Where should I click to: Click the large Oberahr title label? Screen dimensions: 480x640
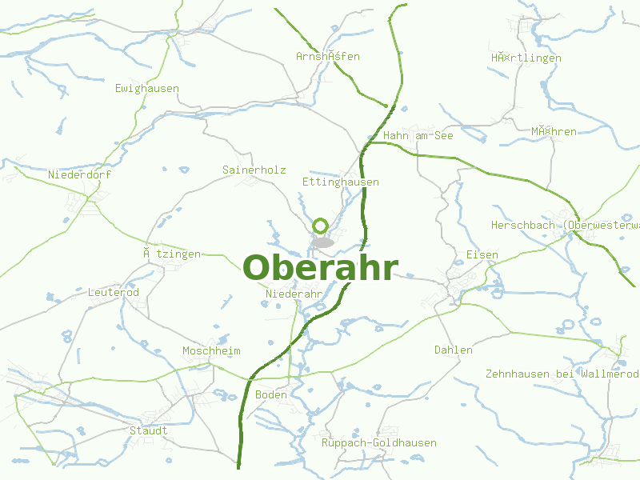point(319,267)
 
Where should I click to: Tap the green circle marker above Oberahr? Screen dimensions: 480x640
point(322,226)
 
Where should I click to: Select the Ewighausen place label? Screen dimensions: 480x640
point(147,88)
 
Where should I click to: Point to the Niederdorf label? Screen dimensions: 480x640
point(80,174)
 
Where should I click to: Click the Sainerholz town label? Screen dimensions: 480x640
point(254,170)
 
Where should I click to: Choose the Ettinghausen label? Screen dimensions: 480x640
point(341,182)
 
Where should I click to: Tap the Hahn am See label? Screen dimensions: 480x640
point(418,135)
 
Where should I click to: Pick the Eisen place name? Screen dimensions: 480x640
point(482,254)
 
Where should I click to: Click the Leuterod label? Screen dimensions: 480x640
point(114,292)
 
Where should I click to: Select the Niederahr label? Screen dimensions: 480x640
point(293,294)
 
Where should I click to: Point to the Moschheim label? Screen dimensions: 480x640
point(211,350)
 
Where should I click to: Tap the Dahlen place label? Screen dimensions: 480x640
point(454,350)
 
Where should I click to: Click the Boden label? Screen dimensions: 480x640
point(271,394)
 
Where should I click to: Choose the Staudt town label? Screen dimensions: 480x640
point(149,430)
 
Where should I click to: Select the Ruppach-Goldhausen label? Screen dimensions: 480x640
point(379,442)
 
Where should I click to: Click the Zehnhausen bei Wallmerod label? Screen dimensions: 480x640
point(562,374)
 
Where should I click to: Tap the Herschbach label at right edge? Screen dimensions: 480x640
point(565,225)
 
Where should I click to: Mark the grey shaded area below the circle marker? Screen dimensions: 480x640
point(322,242)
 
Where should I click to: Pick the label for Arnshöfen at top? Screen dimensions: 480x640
point(328,56)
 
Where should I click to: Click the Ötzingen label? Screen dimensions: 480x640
point(172,254)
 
